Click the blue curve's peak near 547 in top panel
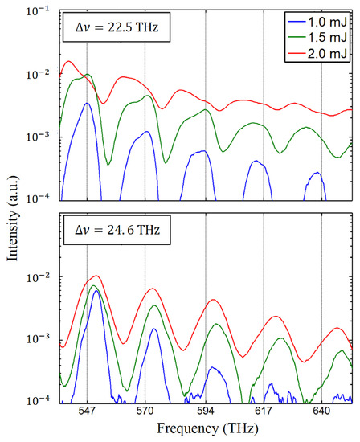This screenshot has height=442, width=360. pos(87,103)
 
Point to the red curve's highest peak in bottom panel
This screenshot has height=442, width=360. pos(96,276)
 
